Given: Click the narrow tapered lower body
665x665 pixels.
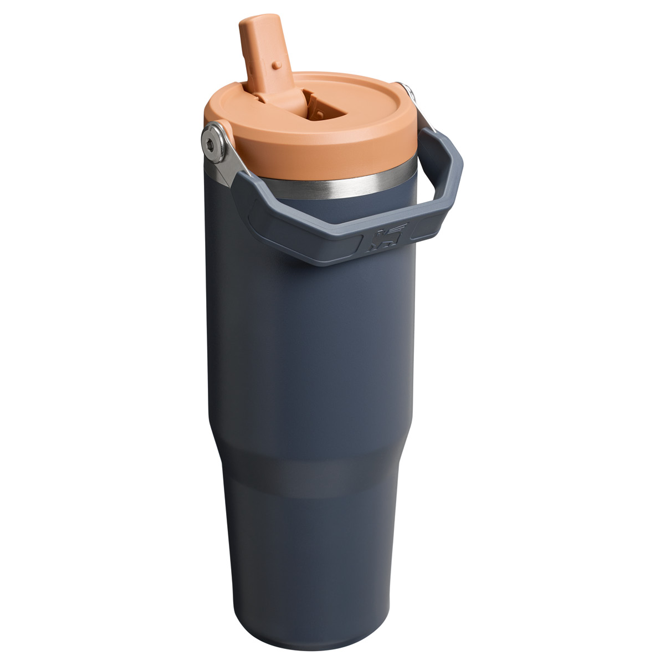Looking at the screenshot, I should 310,554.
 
